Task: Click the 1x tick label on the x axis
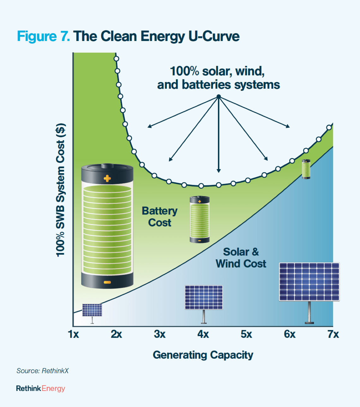(x=73, y=334)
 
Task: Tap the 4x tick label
(x=203, y=334)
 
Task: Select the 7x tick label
(x=333, y=334)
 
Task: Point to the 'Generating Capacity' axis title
(x=203, y=355)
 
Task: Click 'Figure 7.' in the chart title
(x=43, y=36)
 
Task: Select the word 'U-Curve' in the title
(x=214, y=36)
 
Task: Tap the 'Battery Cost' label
(x=159, y=216)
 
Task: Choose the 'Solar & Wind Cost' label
(x=241, y=258)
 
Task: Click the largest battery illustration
(x=107, y=226)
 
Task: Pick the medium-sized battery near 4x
(x=200, y=219)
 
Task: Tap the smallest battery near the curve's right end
(x=306, y=169)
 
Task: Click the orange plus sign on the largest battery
(x=107, y=179)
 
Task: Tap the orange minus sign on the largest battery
(x=107, y=282)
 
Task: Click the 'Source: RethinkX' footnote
(x=42, y=371)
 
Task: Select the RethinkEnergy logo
(x=40, y=388)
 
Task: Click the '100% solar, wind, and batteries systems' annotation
(x=218, y=78)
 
